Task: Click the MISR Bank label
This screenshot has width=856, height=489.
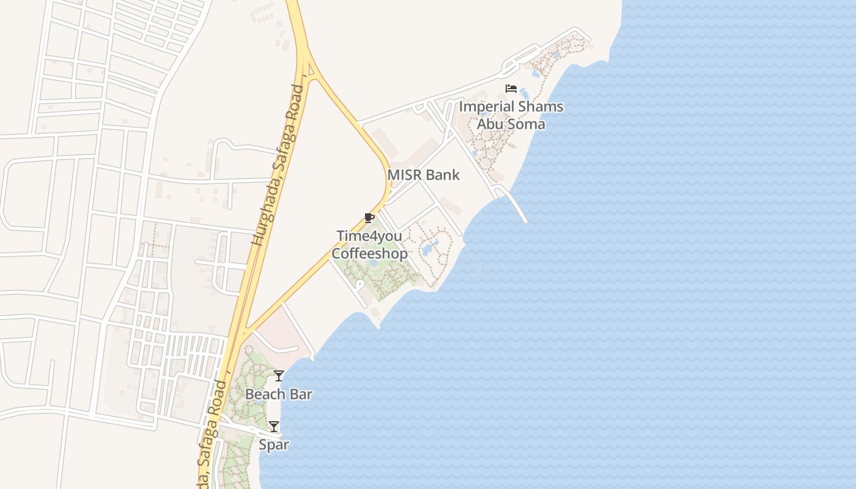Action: [x=423, y=175]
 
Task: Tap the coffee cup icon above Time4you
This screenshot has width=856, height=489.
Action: [x=369, y=218]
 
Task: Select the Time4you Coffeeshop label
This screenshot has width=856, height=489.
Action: [x=369, y=244]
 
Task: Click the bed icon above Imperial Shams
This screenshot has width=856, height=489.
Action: [x=511, y=89]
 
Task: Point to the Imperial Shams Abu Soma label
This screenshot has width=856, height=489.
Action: [x=511, y=115]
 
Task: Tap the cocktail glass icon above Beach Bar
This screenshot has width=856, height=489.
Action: [x=279, y=375]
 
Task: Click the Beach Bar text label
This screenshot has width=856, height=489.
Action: [x=279, y=394]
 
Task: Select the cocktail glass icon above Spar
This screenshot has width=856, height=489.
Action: [x=274, y=426]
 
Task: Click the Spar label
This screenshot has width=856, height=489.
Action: [x=274, y=444]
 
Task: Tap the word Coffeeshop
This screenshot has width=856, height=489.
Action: [x=369, y=253]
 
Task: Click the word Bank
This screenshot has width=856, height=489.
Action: [x=443, y=175]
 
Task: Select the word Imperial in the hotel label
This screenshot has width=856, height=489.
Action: [x=486, y=106]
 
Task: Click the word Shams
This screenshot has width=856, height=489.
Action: [x=540, y=106]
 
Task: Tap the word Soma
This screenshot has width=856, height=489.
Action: [x=524, y=124]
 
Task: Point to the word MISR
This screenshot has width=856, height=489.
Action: [x=405, y=175]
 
